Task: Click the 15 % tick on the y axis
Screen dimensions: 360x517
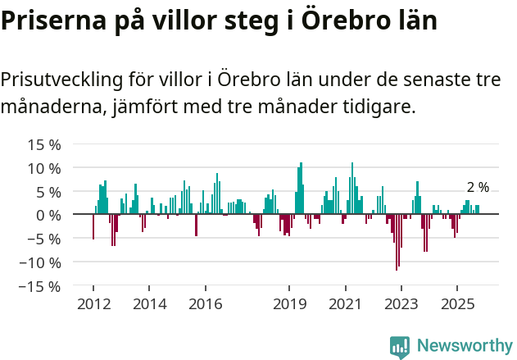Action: (x=44, y=144)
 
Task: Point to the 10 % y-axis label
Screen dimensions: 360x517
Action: (x=44, y=168)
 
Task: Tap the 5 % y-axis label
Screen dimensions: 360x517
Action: (x=48, y=192)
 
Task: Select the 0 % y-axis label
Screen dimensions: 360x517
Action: (x=48, y=215)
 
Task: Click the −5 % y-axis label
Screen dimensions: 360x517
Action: (x=44, y=239)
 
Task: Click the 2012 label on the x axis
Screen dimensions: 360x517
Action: (x=93, y=303)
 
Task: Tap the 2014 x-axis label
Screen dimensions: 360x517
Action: (x=148, y=303)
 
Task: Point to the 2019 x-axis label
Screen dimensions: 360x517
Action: (x=288, y=303)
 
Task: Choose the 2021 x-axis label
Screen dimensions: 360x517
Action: (x=345, y=303)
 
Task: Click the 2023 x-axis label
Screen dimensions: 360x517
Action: (x=401, y=303)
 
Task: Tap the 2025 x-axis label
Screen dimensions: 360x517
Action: (x=456, y=303)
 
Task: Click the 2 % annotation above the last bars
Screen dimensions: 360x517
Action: (x=478, y=188)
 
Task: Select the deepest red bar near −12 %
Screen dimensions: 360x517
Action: (x=397, y=242)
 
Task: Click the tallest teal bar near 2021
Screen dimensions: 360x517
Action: (x=352, y=189)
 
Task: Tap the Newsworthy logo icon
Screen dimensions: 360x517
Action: (x=400, y=347)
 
